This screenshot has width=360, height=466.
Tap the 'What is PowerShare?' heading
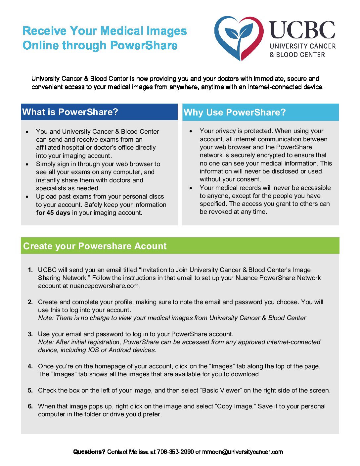tap(70, 112)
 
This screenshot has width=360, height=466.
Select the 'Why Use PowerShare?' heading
tap(235, 113)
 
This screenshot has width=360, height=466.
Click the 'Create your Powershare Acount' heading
tap(95, 246)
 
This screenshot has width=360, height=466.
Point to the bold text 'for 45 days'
tap(53, 213)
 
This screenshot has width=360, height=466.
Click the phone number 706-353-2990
tap(175, 452)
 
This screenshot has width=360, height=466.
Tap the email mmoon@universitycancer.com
tap(243, 452)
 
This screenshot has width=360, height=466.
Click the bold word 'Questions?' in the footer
tap(89, 452)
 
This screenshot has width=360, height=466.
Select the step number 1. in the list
tap(30, 270)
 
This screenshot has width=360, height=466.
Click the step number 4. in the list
tap(30, 366)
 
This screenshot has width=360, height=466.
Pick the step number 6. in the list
tap(30, 406)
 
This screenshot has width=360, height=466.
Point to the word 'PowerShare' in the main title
tap(144, 45)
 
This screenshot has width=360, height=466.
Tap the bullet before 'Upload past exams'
tap(27, 197)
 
